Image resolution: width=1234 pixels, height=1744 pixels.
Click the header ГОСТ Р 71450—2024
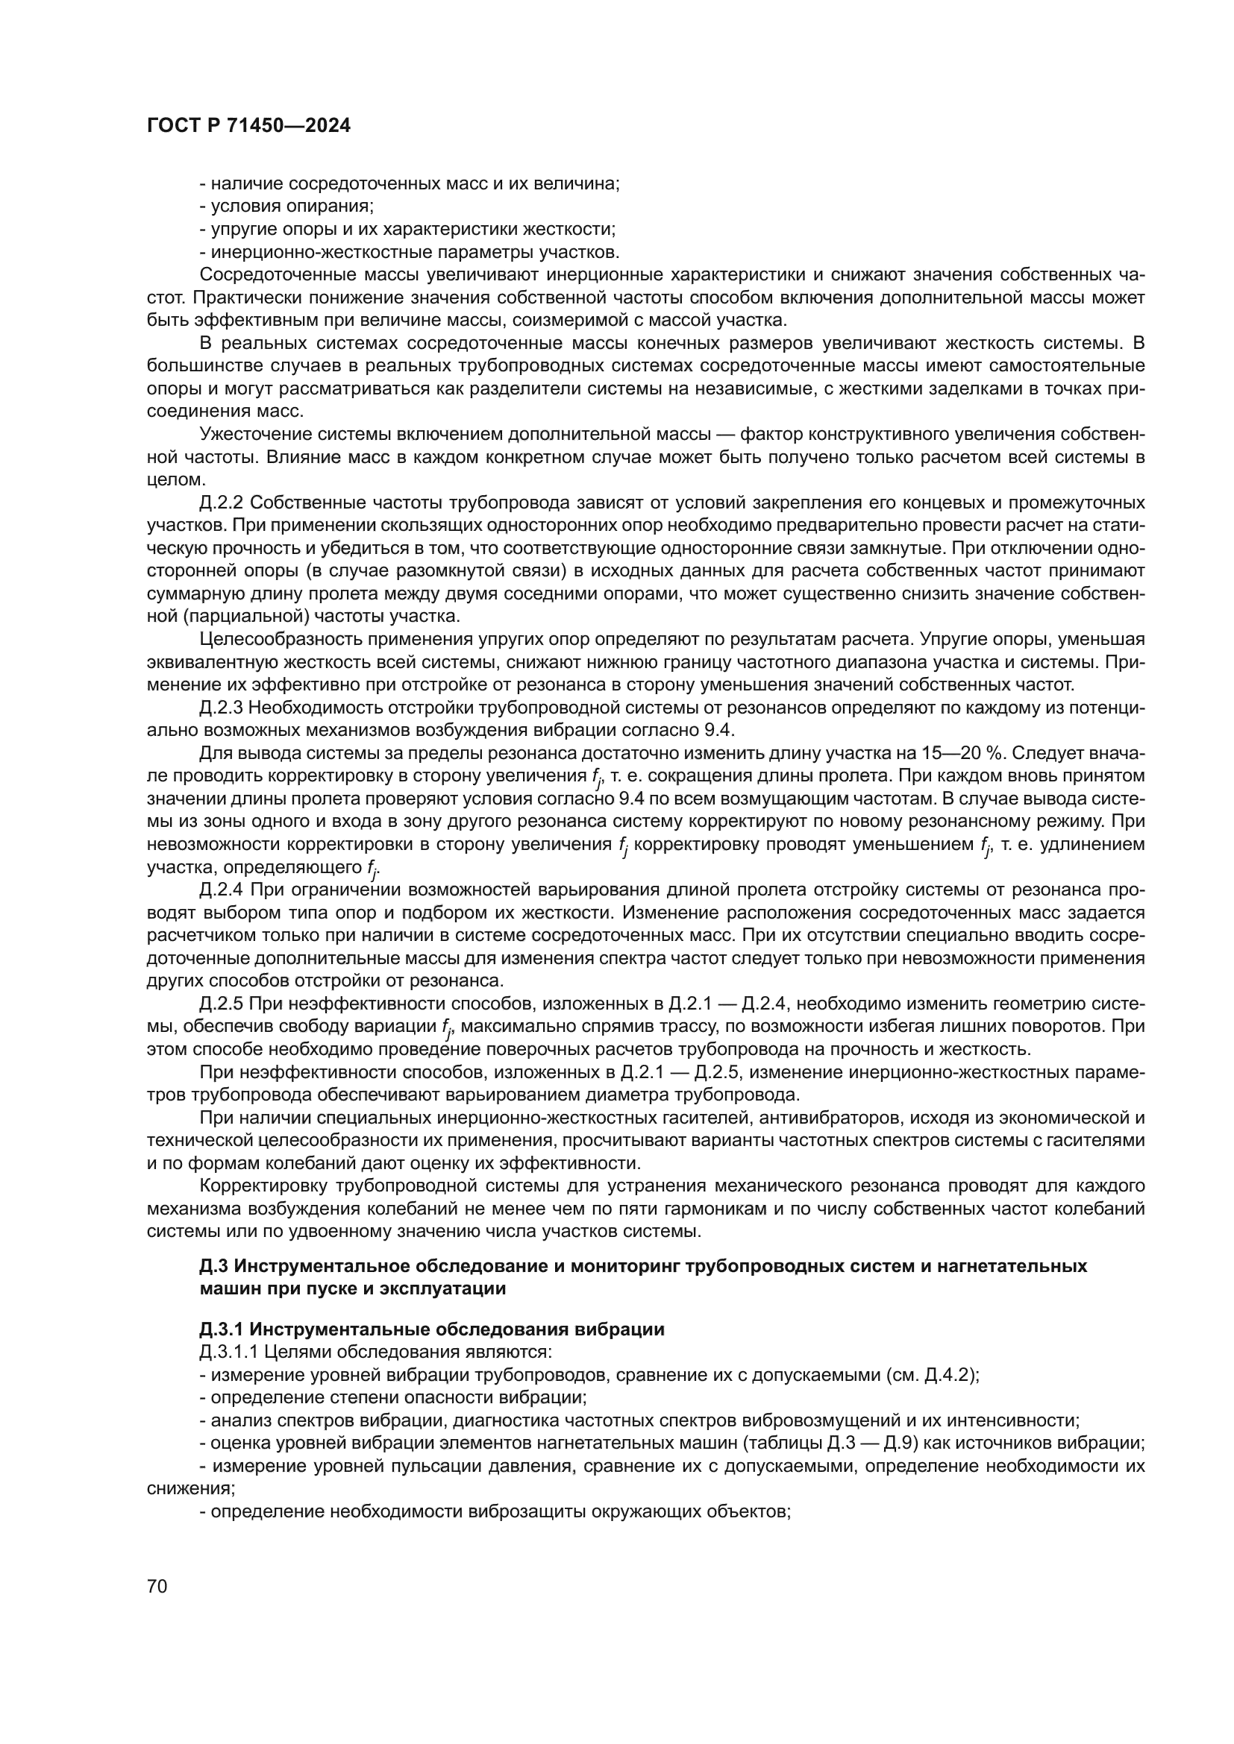tap(248, 126)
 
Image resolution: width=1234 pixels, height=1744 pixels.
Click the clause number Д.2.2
tap(221, 503)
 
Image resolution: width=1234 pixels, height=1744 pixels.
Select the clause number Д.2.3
tap(221, 708)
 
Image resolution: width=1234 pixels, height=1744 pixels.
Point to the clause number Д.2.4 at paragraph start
tap(221, 890)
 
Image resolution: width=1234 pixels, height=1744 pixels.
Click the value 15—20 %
tap(962, 754)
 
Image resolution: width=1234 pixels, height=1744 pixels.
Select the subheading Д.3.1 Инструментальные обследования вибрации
tap(431, 1329)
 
